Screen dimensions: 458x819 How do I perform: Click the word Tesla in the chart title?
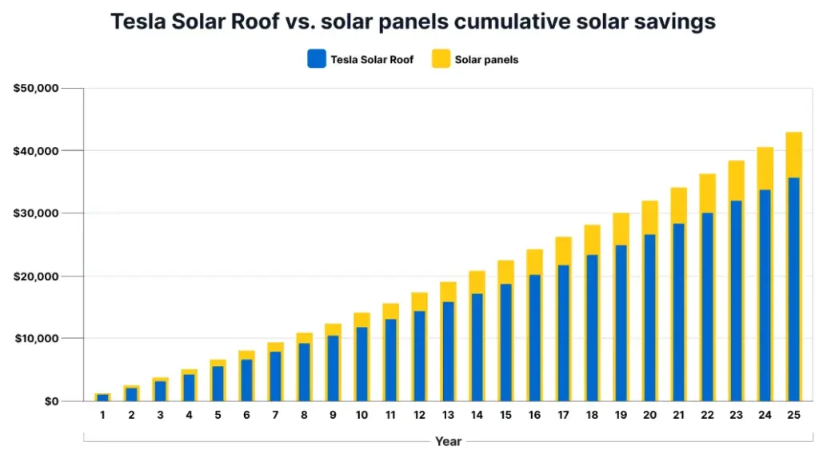point(137,22)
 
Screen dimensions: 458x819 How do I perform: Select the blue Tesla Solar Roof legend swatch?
point(317,59)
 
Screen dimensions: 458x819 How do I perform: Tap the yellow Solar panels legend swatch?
point(441,59)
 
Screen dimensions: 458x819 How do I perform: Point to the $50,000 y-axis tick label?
point(37,88)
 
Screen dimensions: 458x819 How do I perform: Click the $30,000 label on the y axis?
point(37,213)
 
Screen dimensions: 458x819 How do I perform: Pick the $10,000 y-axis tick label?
point(37,338)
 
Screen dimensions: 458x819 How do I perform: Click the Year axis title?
point(448,441)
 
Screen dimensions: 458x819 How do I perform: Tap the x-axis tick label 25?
point(793,415)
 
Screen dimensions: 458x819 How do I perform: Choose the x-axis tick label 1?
point(102,415)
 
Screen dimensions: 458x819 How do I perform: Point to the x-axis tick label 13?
point(448,415)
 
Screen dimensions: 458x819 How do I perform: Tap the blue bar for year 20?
point(649,320)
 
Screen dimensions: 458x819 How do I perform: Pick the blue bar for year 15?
point(505,344)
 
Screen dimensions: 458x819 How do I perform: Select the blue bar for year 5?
point(218,384)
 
